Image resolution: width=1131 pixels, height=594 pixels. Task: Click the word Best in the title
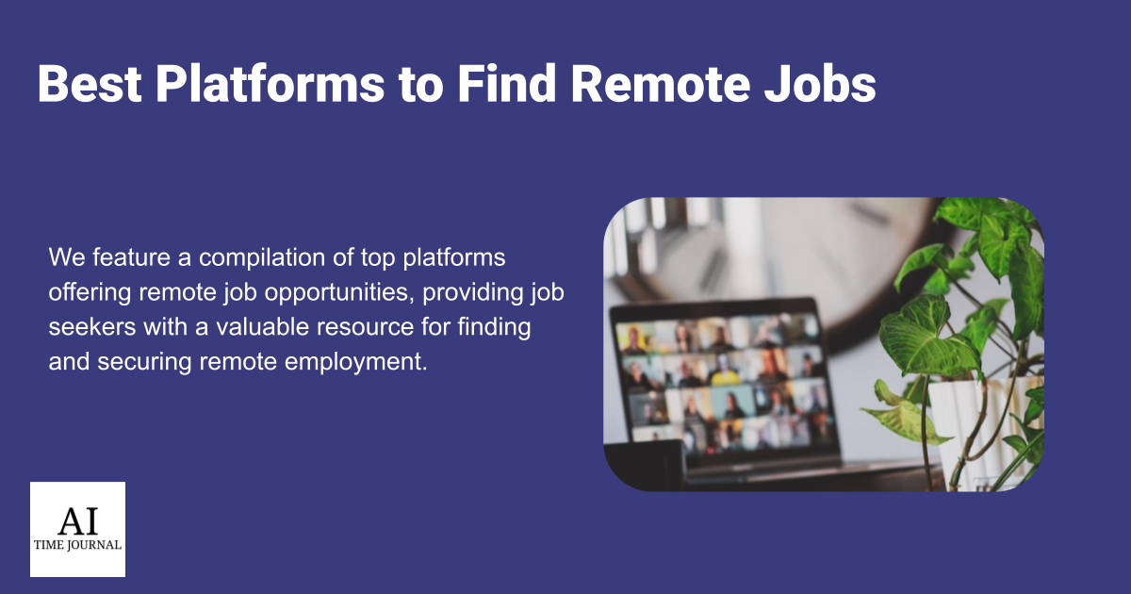click(x=90, y=84)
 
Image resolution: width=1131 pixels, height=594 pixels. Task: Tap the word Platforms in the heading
click(x=270, y=83)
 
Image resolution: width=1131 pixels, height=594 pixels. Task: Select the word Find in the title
click(x=507, y=83)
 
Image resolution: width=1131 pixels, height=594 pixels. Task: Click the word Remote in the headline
click(x=661, y=84)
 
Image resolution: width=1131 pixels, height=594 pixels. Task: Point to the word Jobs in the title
click(x=820, y=83)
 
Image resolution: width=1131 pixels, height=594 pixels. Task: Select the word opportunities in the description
click(x=339, y=293)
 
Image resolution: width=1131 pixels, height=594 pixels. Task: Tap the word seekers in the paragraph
click(x=92, y=327)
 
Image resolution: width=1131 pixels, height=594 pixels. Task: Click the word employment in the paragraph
click(x=356, y=363)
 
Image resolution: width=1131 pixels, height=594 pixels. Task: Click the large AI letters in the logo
click(x=77, y=521)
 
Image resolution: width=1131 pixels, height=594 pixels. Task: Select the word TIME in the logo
click(x=48, y=546)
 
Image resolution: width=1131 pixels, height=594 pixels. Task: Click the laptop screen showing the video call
click(x=723, y=384)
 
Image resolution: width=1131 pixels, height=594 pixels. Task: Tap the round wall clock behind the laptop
click(x=788, y=263)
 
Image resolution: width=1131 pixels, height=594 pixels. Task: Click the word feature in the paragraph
click(x=132, y=257)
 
